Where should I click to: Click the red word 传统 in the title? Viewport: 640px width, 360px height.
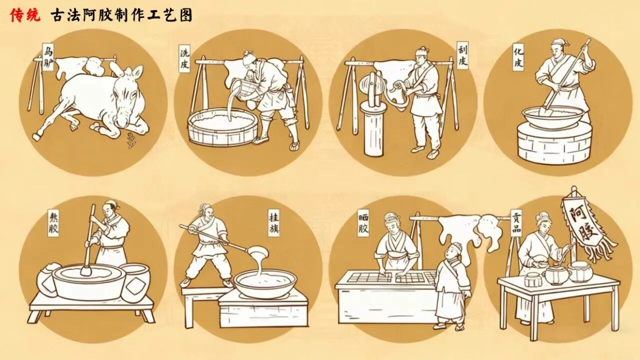25,15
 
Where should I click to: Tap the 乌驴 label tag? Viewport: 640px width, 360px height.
48,57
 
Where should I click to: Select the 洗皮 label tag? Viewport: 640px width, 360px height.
184,58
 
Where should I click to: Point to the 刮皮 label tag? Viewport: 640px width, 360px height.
462,55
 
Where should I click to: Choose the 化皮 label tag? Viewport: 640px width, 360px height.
518,57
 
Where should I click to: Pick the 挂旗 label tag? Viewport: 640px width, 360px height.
273,223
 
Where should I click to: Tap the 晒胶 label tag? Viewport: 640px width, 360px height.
363,223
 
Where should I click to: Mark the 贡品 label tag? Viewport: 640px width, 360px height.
516,223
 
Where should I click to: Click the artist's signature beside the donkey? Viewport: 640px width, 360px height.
131,140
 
